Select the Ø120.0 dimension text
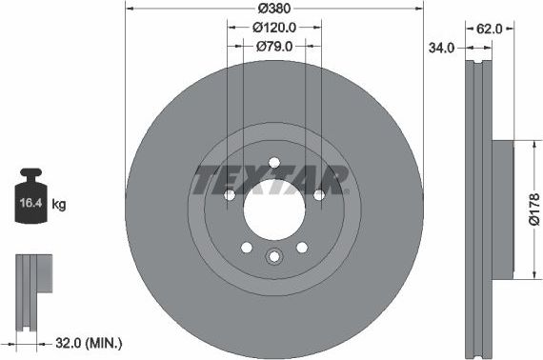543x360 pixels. (x=274, y=28)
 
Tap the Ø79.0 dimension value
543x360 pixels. (x=274, y=45)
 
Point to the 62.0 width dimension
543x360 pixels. (x=489, y=28)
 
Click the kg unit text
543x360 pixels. (x=58, y=204)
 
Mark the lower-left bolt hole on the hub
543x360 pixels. (x=247, y=247)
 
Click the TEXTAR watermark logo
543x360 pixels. (x=271, y=178)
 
